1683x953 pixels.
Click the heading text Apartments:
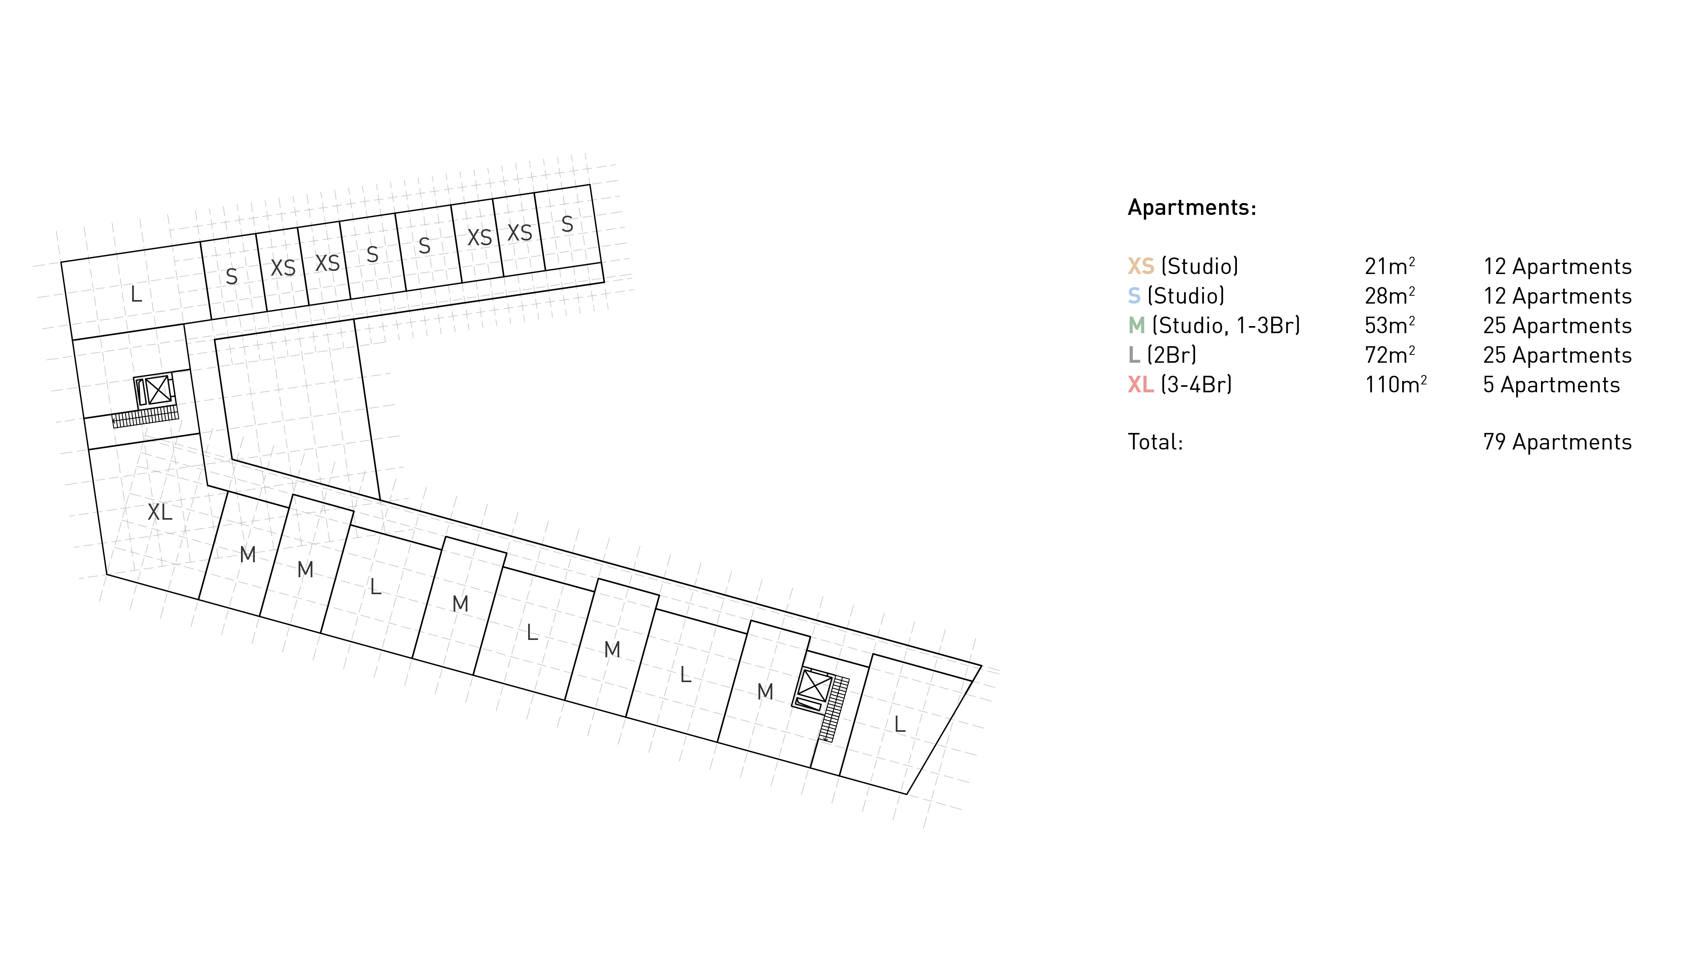(1192, 207)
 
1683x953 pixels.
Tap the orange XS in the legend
(1140, 267)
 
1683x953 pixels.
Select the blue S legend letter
(1134, 296)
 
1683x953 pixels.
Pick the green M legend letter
(1136, 325)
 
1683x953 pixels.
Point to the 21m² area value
(1389, 267)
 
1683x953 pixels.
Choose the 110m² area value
(1395, 384)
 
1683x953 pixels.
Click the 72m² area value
(1389, 355)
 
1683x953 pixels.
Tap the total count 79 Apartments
(1557, 442)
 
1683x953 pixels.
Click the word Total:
(1155, 442)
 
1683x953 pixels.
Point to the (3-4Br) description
(1196, 384)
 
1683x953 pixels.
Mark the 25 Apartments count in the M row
(1557, 325)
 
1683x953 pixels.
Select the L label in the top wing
(136, 294)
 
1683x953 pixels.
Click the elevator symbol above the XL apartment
(157, 390)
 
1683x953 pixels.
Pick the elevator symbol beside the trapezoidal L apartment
(815, 686)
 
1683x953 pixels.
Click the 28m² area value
(1389, 296)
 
